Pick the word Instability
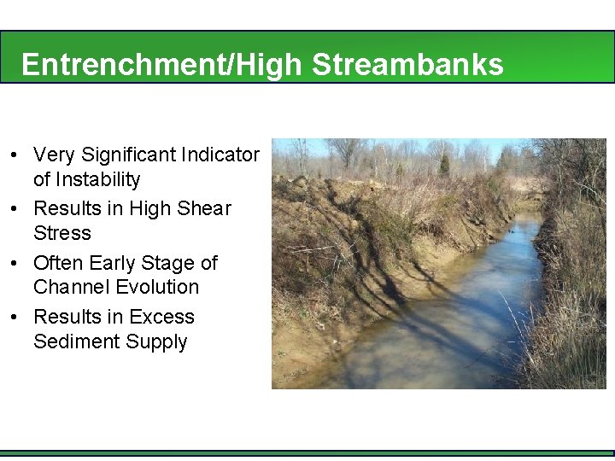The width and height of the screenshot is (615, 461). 98,179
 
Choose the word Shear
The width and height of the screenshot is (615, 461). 208,208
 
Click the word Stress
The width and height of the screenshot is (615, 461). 61,233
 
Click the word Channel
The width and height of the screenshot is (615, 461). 72,287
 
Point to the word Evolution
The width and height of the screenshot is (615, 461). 159,287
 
